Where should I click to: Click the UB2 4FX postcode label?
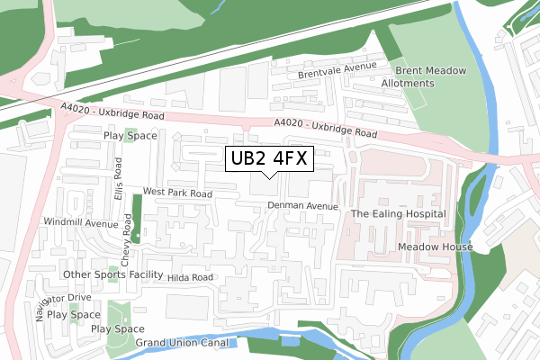click(269, 159)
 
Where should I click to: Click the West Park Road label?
click(177, 193)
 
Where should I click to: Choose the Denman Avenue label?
click(302, 206)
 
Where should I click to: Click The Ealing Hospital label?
click(398, 214)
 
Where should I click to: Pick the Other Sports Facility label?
click(112, 274)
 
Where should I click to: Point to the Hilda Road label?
click(190, 278)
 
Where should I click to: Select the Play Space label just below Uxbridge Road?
click(130, 136)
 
